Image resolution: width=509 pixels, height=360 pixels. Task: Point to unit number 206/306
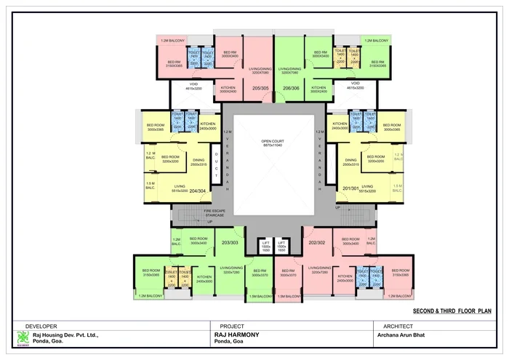(x=292, y=87)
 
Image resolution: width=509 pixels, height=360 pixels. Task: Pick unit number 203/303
(x=230, y=242)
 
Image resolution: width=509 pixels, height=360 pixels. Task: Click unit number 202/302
(x=317, y=242)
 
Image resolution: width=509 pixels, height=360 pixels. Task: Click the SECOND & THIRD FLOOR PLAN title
(x=452, y=311)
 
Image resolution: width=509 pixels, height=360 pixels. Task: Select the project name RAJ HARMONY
(x=237, y=335)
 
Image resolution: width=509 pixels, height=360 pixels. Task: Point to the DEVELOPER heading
(x=41, y=325)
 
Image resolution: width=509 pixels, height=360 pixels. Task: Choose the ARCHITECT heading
(x=393, y=325)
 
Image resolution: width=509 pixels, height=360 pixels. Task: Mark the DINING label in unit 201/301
(x=351, y=161)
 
